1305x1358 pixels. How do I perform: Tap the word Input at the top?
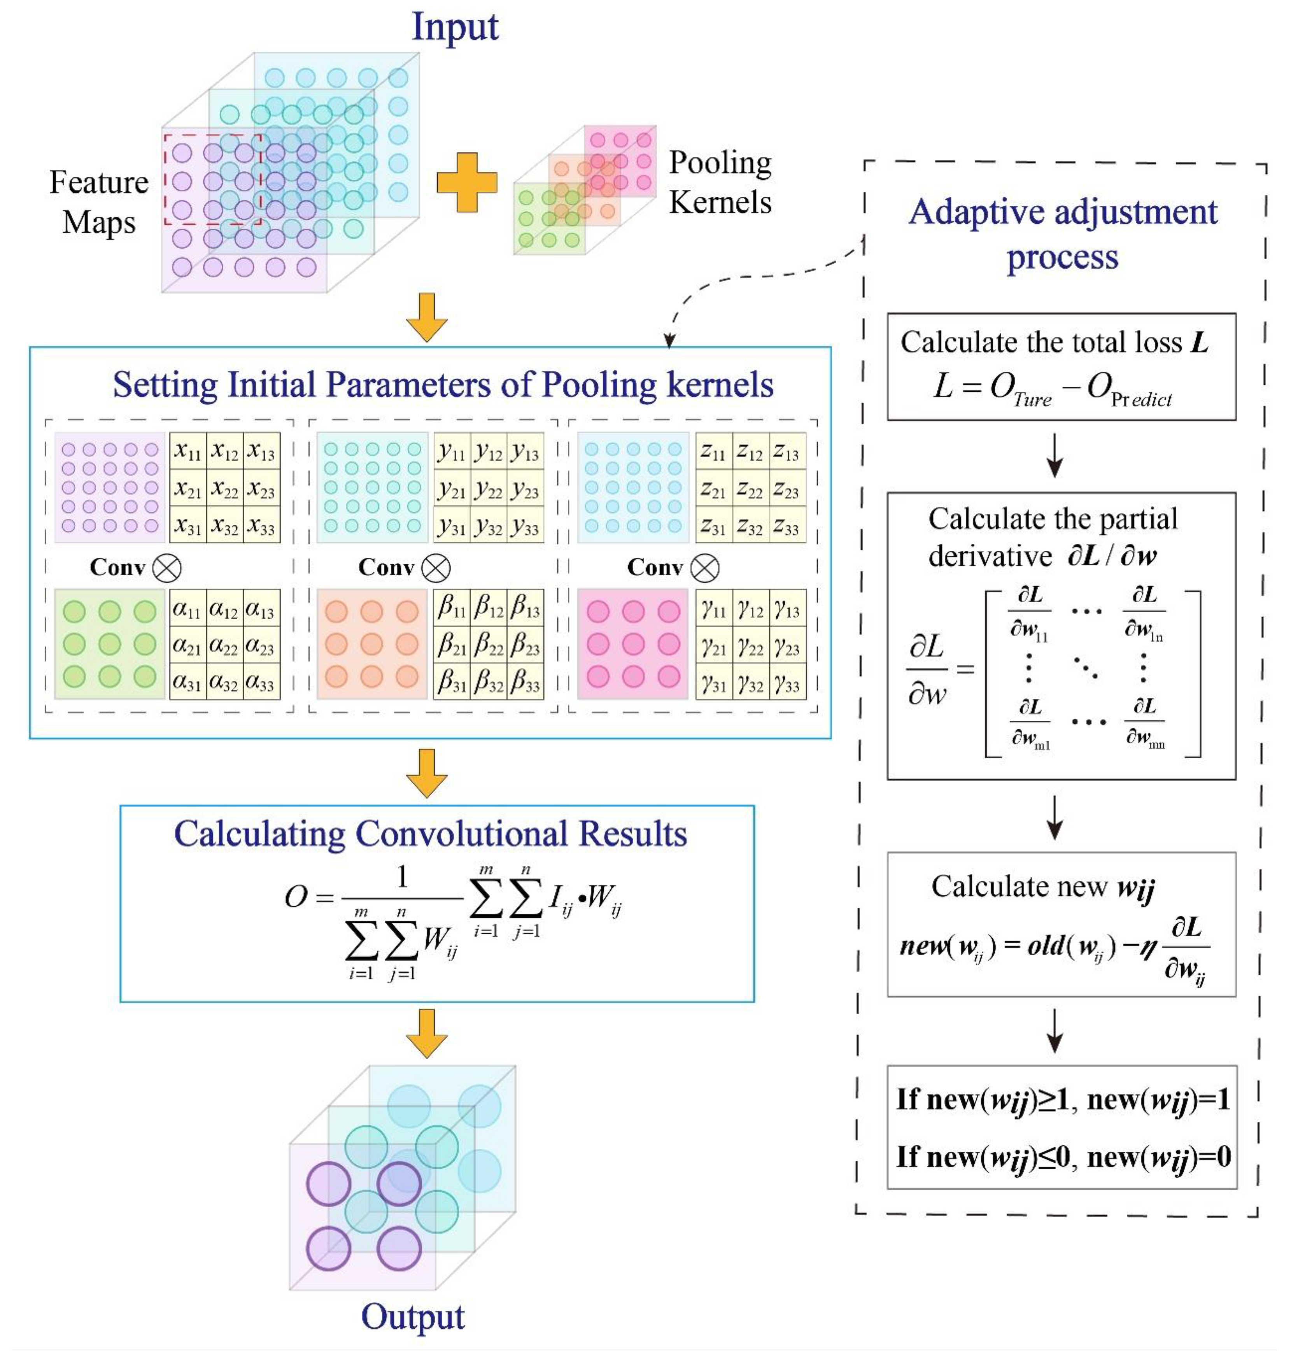point(455,28)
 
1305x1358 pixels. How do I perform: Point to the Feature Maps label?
point(99,202)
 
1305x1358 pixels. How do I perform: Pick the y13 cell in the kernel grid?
point(524,452)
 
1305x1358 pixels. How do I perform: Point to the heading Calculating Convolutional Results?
point(430,834)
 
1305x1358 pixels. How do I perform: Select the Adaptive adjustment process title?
point(1063,234)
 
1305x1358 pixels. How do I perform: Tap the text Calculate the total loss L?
point(1054,342)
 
